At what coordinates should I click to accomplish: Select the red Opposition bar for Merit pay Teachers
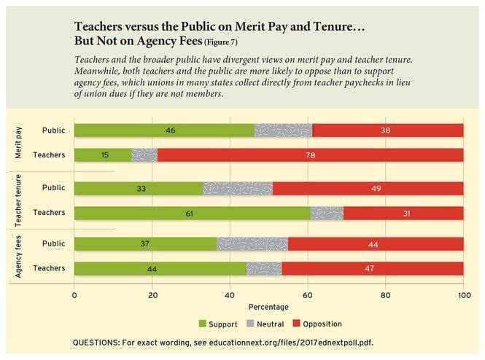(x=310, y=154)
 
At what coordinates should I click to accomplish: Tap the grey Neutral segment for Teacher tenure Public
(x=238, y=188)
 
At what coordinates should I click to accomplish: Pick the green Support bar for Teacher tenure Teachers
(x=193, y=213)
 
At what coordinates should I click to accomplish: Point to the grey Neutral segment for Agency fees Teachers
(x=264, y=268)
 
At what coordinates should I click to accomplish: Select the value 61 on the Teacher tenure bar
(x=192, y=213)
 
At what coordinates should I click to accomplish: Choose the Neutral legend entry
(x=266, y=324)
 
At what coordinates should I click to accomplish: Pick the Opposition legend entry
(x=318, y=324)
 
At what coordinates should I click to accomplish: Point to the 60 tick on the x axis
(x=308, y=295)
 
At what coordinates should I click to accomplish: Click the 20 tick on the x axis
(x=152, y=295)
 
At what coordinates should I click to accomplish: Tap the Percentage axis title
(x=268, y=307)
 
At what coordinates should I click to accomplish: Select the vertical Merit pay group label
(x=18, y=142)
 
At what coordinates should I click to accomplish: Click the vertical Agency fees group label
(x=18, y=256)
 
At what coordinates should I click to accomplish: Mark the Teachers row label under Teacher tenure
(x=50, y=213)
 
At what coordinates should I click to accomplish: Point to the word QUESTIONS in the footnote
(x=98, y=343)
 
